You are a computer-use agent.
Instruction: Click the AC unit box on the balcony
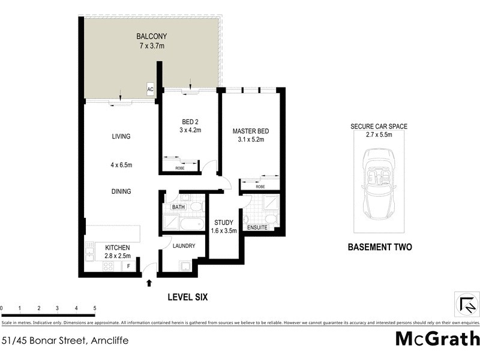151,89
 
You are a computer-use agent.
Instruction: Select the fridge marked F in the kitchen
128,266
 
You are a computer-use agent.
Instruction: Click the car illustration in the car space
379,186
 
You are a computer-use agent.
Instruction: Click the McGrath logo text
437,338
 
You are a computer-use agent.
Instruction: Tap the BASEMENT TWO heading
379,247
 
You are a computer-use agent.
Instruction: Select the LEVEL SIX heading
187,296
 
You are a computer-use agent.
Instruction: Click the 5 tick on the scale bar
95,308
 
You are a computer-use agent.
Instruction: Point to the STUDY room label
223,222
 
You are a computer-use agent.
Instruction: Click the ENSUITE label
258,227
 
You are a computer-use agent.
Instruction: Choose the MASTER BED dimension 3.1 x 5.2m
250,140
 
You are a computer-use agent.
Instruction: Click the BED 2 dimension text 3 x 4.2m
190,130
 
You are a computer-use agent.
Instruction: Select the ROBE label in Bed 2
180,168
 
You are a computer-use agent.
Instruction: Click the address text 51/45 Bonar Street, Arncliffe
65,340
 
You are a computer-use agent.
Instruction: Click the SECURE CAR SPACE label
379,127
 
